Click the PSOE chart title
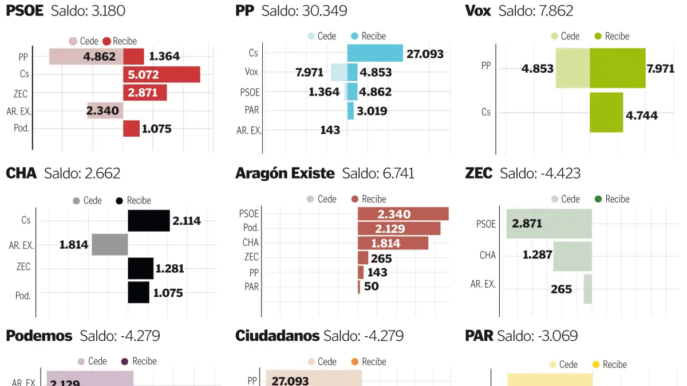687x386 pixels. coord(25,11)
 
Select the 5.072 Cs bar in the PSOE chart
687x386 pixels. coord(162,74)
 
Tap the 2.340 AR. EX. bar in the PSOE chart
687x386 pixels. coord(105,110)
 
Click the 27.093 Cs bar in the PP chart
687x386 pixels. coord(375,53)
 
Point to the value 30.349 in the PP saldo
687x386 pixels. coord(324,11)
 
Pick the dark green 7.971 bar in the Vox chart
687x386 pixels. coord(617,68)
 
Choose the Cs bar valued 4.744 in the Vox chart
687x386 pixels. coord(606,112)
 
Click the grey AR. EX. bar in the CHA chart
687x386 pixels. coord(110,244)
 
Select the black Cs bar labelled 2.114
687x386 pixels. coord(149,221)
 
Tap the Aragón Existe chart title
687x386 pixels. coord(285,173)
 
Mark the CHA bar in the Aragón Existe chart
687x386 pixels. coord(393,242)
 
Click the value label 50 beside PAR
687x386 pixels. coord(371,286)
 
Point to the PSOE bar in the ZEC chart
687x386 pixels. coord(548,224)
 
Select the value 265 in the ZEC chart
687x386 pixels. coord(561,289)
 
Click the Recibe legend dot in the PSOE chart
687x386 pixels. coord(106,41)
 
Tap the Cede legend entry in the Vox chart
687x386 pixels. coord(563,36)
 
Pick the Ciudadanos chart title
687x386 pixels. coord(277,336)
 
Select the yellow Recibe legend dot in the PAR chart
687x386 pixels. coord(595,364)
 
